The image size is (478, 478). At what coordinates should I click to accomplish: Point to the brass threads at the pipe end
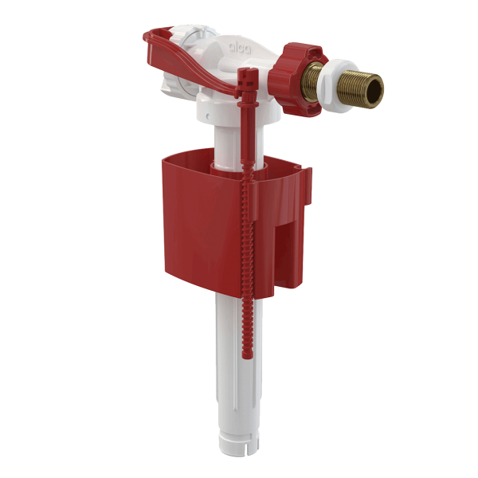(x=362, y=89)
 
